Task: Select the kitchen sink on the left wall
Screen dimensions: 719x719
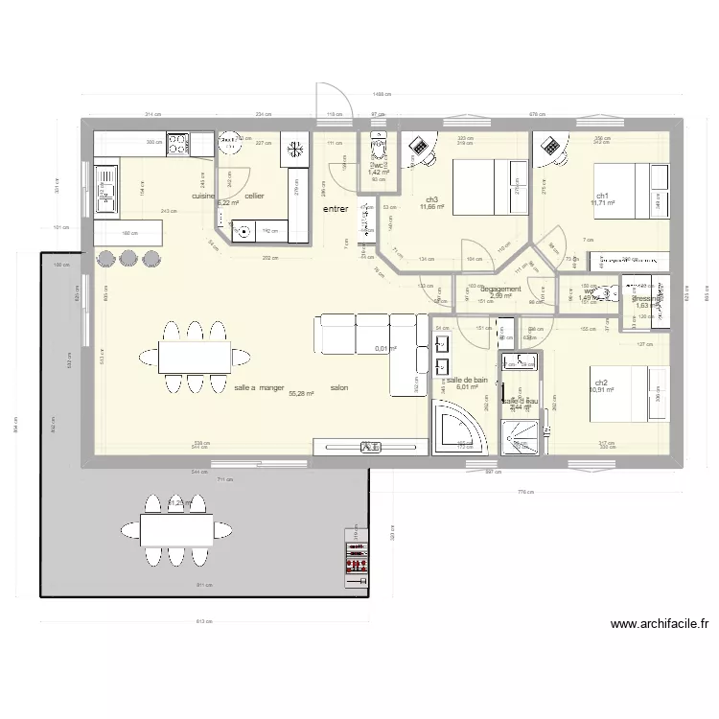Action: (x=105, y=187)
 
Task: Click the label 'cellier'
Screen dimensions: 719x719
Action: (x=254, y=196)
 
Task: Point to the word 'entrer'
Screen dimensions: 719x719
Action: (x=335, y=208)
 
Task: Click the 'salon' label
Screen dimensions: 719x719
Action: (x=338, y=388)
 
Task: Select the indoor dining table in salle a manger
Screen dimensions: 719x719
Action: (x=195, y=356)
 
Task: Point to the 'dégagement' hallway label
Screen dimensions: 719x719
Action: (x=500, y=289)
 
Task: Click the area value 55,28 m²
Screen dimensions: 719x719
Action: (x=302, y=394)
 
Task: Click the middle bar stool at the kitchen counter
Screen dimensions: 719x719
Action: (x=129, y=258)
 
